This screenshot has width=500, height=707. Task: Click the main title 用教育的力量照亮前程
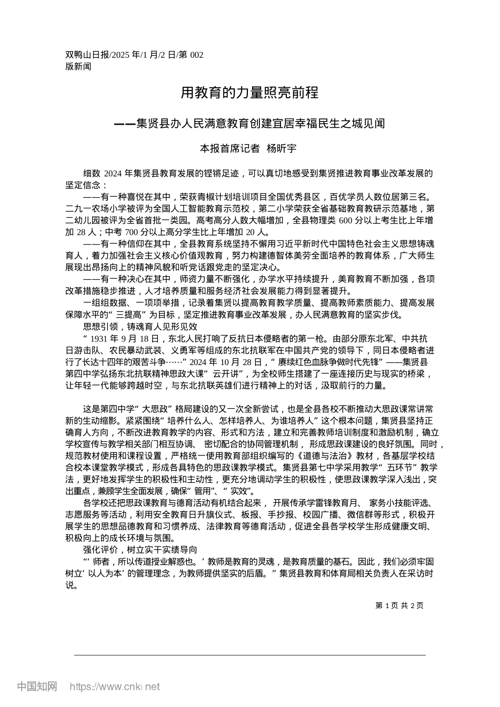249,93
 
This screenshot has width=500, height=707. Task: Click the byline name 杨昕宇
282,148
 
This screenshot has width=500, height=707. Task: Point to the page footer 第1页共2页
399,605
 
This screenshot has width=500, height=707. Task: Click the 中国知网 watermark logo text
37,686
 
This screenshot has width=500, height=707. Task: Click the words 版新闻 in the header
78,66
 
